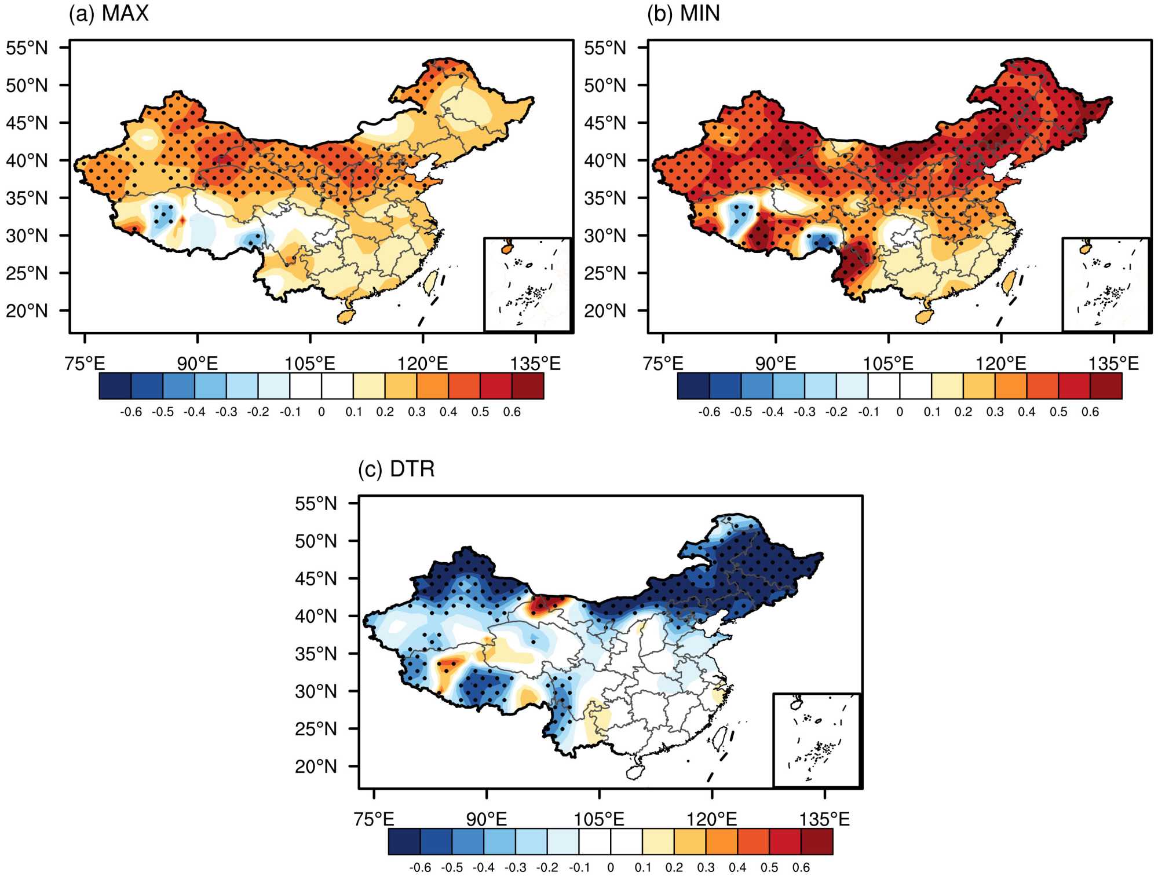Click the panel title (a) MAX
(109, 13)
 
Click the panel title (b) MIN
(684, 13)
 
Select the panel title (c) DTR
(396, 469)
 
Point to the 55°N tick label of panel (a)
(27, 48)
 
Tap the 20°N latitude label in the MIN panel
(605, 311)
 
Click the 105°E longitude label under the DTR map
(599, 819)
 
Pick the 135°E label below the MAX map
(535, 364)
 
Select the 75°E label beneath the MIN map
(663, 364)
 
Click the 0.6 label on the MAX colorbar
(512, 412)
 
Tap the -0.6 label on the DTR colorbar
(420, 868)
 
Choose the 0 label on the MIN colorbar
(900, 412)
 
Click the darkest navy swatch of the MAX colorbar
(115, 386)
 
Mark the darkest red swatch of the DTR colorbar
(817, 842)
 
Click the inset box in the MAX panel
(527, 284)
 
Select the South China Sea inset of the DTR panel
(816, 740)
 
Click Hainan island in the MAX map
(346, 316)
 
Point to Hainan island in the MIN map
(924, 317)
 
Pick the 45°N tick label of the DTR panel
(316, 579)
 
